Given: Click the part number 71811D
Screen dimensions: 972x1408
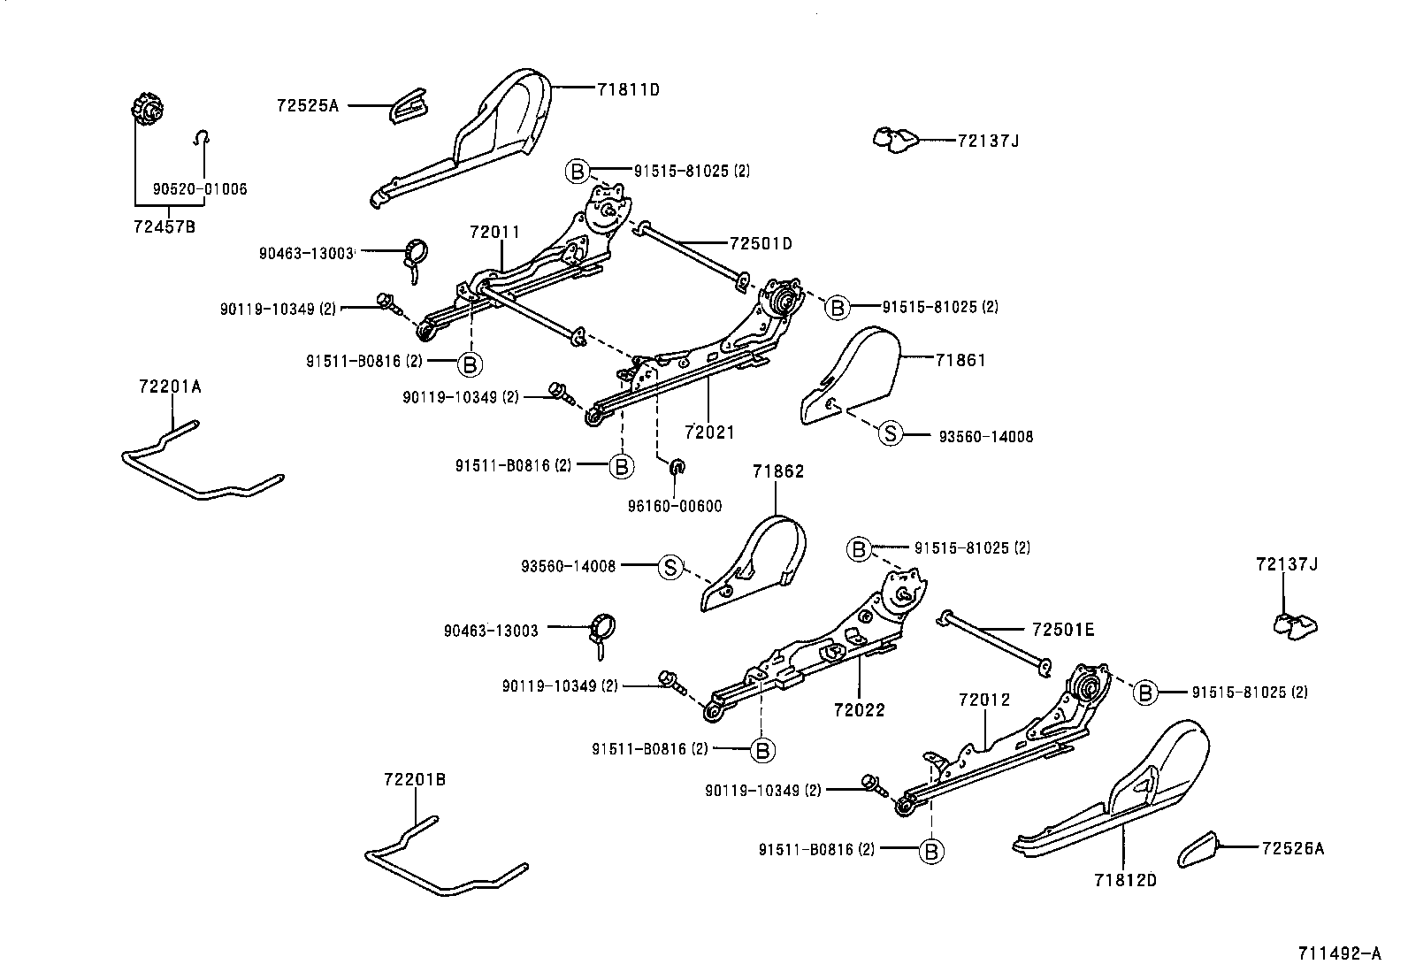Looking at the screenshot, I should click(x=628, y=89).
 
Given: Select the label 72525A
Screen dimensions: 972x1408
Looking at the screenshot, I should click(x=307, y=105).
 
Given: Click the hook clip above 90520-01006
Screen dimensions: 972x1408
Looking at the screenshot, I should click(x=203, y=137).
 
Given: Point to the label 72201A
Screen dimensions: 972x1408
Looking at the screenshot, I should click(x=170, y=387).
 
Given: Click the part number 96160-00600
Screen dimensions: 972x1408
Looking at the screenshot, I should click(x=675, y=507).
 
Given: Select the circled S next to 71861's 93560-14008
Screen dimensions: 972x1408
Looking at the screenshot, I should click(x=890, y=433).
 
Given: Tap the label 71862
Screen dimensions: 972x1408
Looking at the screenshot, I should click(x=778, y=472).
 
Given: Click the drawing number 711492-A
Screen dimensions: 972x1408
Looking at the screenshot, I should click(x=1339, y=953).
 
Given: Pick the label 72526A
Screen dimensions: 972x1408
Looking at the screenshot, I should click(x=1292, y=849).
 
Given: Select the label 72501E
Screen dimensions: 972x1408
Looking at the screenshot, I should click(x=1062, y=631).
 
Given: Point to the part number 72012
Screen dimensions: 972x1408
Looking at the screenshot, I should click(x=983, y=700).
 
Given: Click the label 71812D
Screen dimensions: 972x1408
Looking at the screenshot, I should click(x=1125, y=881).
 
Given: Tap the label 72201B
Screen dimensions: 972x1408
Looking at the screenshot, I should click(x=415, y=780).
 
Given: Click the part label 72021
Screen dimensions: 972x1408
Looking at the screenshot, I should click(x=709, y=432).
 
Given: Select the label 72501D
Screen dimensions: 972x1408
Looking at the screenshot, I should click(x=761, y=243).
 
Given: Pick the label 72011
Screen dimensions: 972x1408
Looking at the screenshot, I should click(x=494, y=233).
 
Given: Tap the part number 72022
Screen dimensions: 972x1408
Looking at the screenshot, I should click(x=859, y=710).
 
